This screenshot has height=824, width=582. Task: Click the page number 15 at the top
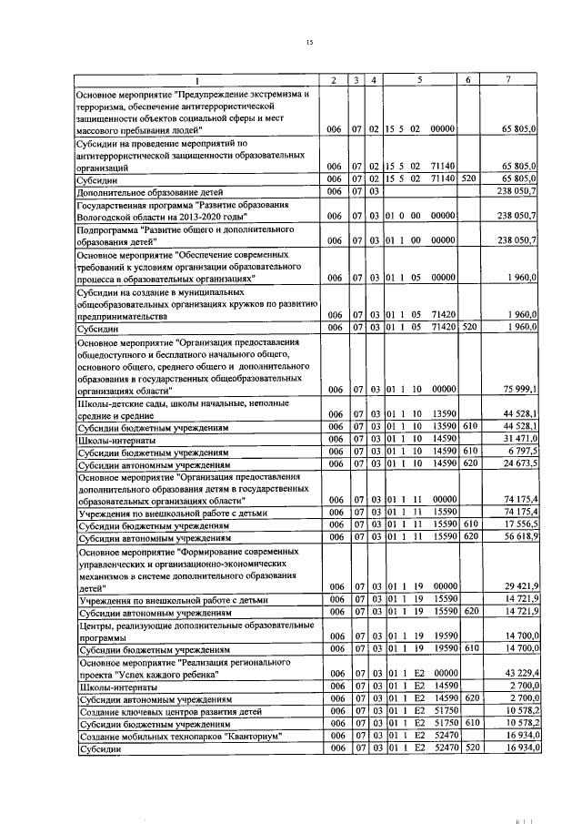[309, 43]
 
